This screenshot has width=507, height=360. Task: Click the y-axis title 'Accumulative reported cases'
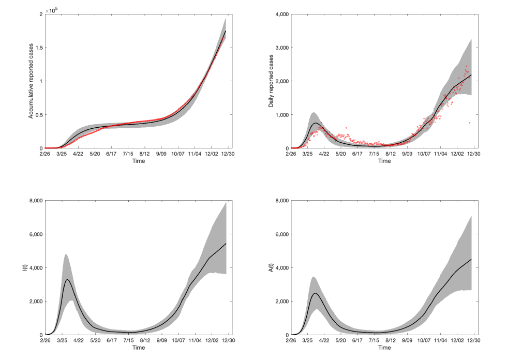pyautogui.click(x=31, y=81)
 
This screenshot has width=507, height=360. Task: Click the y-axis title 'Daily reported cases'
pyautogui.click(x=271, y=82)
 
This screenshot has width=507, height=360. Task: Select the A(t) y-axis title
pyautogui.click(x=271, y=267)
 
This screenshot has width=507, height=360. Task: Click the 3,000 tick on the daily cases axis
pyautogui.click(x=280, y=48)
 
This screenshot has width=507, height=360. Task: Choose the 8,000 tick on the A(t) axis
pyautogui.click(x=280, y=201)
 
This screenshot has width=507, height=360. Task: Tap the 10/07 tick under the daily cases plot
pyautogui.click(x=424, y=154)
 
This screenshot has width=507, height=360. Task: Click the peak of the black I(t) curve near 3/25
pyautogui.click(x=68, y=279)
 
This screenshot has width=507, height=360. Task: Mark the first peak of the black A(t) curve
pyautogui.click(x=315, y=293)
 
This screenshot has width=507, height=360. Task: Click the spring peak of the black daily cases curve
pyautogui.click(x=315, y=123)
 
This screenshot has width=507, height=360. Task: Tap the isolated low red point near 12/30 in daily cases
pyautogui.click(x=469, y=123)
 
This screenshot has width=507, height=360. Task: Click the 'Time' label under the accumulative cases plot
pyautogui.click(x=138, y=161)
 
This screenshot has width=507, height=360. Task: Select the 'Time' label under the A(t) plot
pyautogui.click(x=384, y=348)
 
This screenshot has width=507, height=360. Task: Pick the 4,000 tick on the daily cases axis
pyautogui.click(x=280, y=14)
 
